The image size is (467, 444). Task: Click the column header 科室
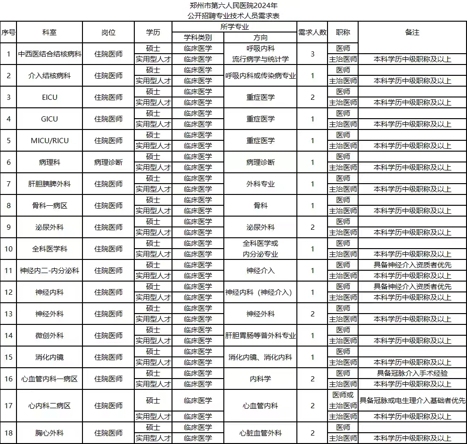[49, 32]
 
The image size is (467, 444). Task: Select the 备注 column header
[412, 32]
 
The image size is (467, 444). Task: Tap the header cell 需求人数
[312, 32]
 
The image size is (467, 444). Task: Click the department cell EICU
[49, 97]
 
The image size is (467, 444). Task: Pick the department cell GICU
[49, 119]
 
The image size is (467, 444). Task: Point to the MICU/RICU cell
[49, 141]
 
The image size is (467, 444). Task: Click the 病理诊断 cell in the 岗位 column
[108, 162]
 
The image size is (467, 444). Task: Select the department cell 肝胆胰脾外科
[49, 184]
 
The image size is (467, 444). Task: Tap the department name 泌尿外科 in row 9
[49, 227]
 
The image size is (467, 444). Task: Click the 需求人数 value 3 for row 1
[312, 54]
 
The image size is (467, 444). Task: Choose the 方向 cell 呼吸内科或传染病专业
[261, 76]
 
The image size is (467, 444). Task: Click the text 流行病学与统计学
[261, 59]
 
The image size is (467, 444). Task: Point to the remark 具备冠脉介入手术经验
[412, 373]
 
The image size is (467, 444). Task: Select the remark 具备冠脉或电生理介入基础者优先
[412, 401]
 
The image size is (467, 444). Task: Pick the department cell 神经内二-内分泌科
[49, 271]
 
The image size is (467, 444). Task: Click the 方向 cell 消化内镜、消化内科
[261, 357]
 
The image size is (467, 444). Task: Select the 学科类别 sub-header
[198, 38]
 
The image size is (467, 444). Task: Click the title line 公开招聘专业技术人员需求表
[234, 16]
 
